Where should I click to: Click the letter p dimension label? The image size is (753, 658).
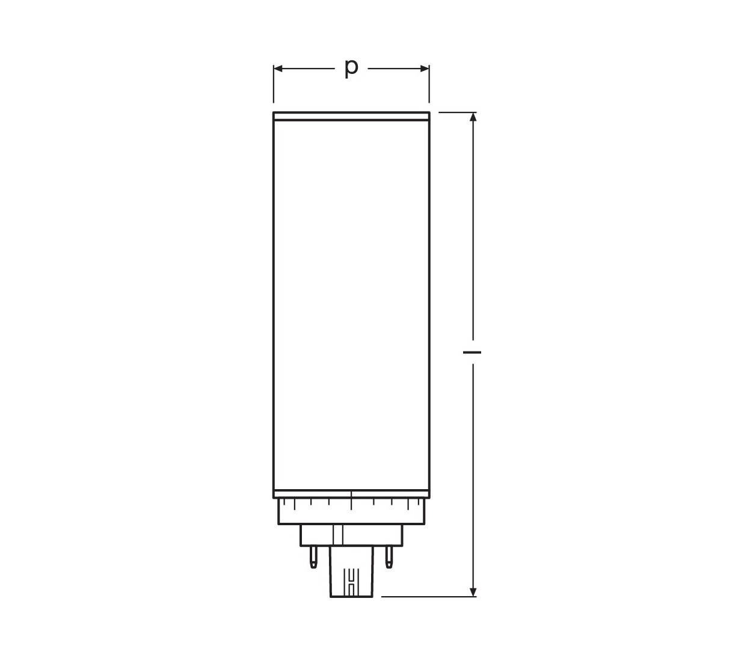(x=351, y=69)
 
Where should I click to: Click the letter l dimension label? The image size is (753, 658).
(x=472, y=352)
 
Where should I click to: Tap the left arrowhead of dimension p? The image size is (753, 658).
(x=278, y=69)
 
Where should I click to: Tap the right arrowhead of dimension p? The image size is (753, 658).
(x=425, y=69)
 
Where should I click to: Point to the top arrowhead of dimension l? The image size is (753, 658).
(x=473, y=117)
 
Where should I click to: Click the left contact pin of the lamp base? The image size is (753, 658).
(x=313, y=562)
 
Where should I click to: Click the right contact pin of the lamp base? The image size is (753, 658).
(x=389, y=562)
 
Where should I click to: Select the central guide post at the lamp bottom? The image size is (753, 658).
(x=351, y=576)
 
